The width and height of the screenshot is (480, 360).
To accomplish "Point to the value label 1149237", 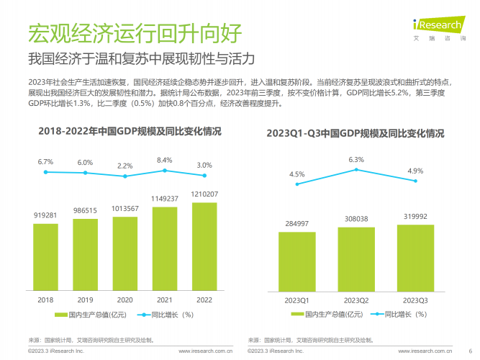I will [164, 198].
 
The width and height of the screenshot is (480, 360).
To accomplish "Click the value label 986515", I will [85, 210].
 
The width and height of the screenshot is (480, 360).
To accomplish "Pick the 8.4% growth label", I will [164, 160].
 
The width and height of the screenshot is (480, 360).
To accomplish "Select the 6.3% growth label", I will [356, 159].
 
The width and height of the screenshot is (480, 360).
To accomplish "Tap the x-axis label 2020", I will [124, 300].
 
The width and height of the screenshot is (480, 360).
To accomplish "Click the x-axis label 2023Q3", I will [415, 300].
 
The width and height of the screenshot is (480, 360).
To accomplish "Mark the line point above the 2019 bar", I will [85, 173].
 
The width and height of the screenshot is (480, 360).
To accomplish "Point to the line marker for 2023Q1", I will [297, 184].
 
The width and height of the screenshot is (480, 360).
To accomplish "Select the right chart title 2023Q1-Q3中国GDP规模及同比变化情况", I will [355, 133].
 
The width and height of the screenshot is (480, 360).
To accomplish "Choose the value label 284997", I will [297, 223].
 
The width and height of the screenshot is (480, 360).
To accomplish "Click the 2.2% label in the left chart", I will [124, 166].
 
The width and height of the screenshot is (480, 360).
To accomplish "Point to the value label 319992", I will [415, 216].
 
